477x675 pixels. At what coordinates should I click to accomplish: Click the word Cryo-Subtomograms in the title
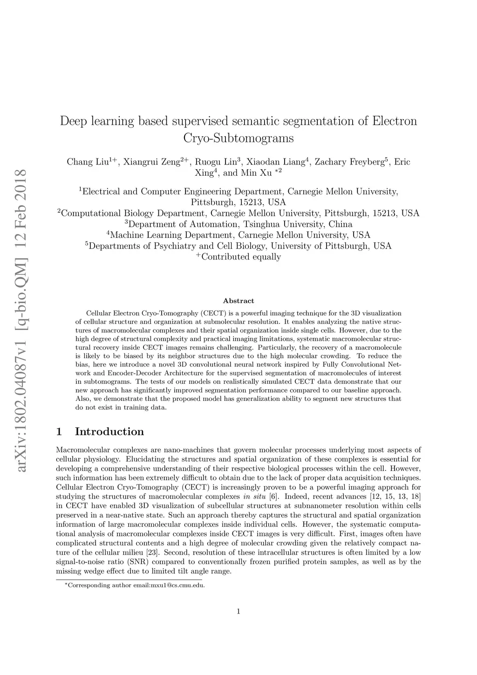(x=238, y=138)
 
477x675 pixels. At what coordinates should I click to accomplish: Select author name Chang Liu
(x=88, y=162)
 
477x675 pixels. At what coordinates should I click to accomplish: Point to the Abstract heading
(x=238, y=301)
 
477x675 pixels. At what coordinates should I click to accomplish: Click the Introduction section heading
(x=109, y=432)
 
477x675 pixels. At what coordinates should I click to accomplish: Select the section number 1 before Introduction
(x=59, y=432)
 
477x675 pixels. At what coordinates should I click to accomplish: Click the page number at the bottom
(x=238, y=612)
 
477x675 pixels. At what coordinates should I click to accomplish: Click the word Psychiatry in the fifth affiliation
(x=176, y=246)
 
